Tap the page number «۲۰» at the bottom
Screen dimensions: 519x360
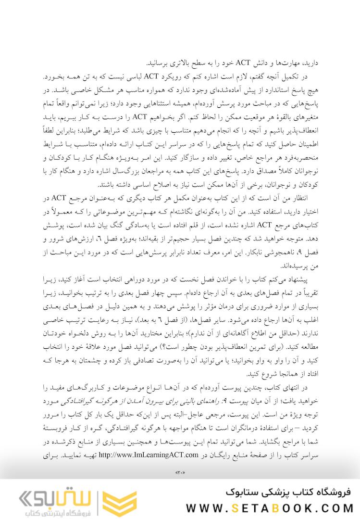[180, 474]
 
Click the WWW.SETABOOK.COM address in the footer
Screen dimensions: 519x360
[270, 508]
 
